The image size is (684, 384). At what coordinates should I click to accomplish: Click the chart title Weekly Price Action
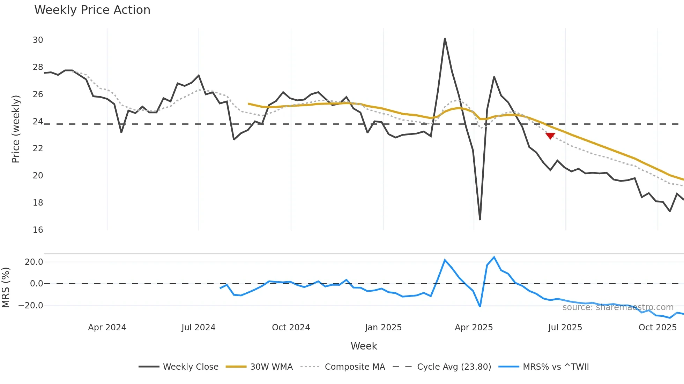[92, 10]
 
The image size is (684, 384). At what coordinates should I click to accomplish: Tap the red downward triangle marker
[550, 136]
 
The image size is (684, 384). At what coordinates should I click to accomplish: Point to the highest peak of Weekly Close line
[445, 38]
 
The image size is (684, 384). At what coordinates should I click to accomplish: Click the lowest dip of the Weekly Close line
[480, 220]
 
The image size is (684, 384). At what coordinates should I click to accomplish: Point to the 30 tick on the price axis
[38, 40]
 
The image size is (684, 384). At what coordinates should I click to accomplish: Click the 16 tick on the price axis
[38, 230]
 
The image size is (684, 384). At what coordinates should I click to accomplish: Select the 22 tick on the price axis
[38, 148]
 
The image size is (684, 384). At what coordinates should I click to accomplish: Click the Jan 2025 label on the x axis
[383, 328]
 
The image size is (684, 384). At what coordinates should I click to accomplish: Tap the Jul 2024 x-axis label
[199, 328]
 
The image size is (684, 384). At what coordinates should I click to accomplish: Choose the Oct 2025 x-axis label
[657, 328]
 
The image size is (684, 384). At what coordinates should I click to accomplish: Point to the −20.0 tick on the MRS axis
[31, 306]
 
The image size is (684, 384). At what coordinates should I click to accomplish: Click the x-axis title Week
[364, 346]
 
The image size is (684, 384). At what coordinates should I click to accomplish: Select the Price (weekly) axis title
[16, 129]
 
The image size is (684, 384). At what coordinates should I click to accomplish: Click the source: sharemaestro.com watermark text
[618, 307]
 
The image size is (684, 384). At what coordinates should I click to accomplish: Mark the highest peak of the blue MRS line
[494, 257]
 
